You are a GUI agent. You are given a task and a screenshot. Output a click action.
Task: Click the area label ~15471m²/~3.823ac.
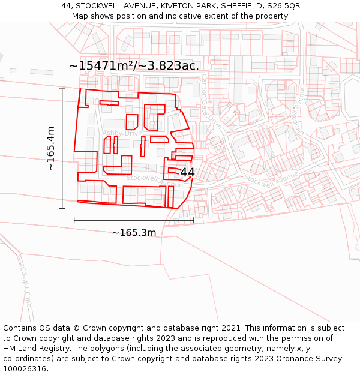134,66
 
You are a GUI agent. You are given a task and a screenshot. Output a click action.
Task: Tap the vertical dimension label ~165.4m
51,148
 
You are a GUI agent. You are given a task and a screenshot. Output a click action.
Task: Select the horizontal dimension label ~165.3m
134,233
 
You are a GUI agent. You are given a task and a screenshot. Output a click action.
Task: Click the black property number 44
187,172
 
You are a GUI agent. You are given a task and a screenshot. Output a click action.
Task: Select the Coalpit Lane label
25,287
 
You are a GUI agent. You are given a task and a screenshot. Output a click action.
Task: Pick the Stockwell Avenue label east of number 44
271,178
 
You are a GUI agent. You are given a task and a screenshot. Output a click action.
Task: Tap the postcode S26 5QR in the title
284,6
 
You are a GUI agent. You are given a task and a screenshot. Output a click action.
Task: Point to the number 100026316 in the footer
26,368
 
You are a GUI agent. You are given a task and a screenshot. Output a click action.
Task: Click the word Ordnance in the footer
298,359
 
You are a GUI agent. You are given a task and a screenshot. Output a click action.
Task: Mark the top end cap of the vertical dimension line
62,89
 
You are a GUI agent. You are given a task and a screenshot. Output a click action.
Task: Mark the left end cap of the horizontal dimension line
74,220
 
